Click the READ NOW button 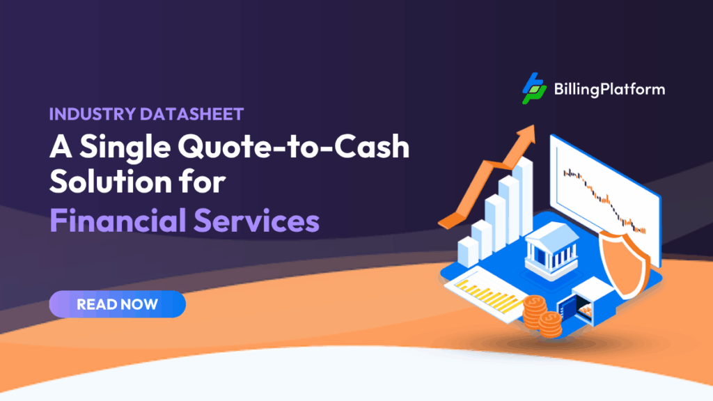[117, 304]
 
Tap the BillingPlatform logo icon [534, 89]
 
